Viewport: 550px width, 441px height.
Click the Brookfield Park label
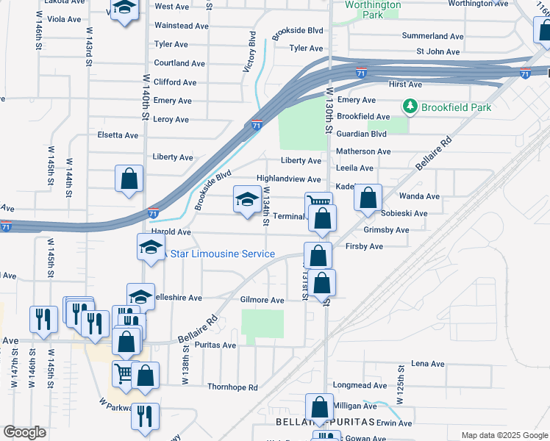[456, 107]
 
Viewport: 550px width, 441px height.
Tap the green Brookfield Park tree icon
[410, 107]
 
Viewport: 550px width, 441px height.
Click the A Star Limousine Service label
[223, 254]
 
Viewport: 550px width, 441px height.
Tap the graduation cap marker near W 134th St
[247, 198]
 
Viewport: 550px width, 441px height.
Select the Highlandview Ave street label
[288, 179]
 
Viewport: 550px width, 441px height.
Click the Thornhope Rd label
[233, 387]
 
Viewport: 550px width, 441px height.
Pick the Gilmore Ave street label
[262, 301]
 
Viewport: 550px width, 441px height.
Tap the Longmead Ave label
[379, 385]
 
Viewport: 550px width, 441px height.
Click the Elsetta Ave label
[118, 135]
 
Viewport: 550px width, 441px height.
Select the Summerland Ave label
[434, 36]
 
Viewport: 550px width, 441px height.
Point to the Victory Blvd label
[249, 52]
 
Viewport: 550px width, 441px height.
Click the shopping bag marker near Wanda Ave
[368, 198]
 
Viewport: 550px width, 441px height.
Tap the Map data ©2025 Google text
[504, 435]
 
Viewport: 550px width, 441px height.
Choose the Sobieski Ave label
[404, 214]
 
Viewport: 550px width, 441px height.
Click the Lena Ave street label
[428, 364]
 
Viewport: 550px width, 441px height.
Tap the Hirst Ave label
[404, 85]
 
